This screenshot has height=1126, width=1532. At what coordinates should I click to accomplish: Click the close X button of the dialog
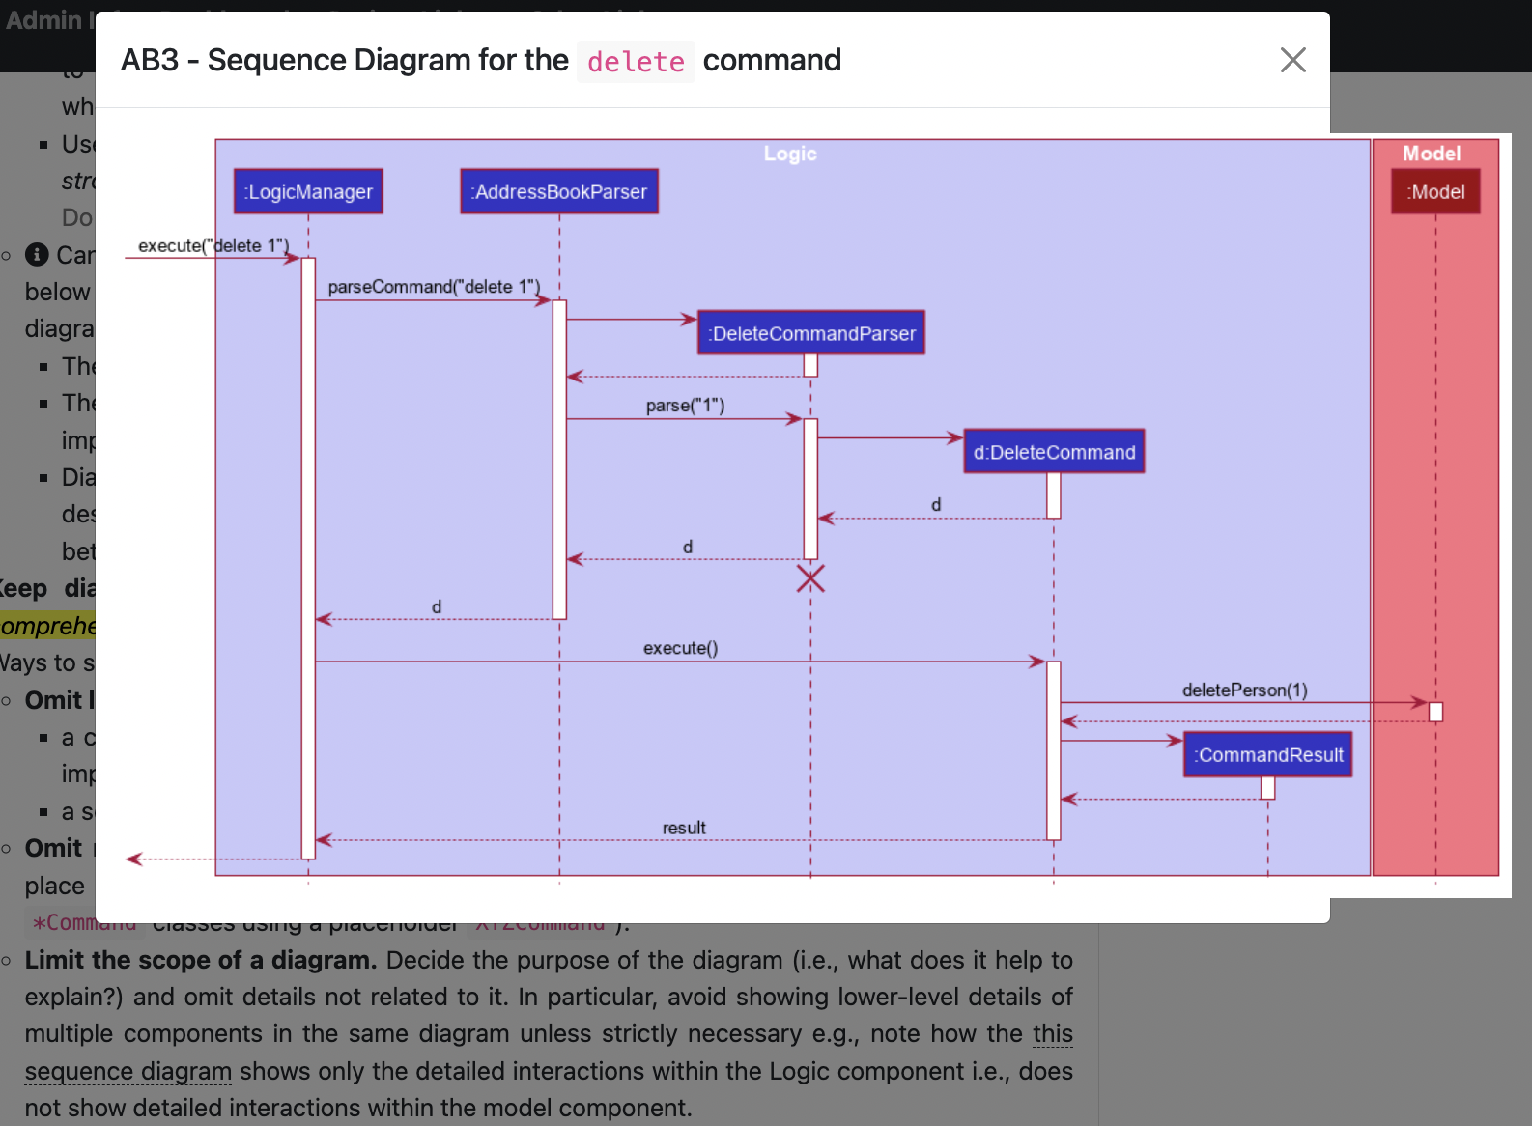pyautogui.click(x=1292, y=60)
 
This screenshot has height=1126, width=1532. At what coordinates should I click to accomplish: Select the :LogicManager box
pyautogui.click(x=308, y=191)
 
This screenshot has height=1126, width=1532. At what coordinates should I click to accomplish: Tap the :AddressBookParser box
pyautogui.click(x=559, y=191)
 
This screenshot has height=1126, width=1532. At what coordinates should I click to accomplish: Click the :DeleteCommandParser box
pyautogui.click(x=811, y=333)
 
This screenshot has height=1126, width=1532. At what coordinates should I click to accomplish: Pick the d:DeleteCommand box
pyautogui.click(x=1054, y=452)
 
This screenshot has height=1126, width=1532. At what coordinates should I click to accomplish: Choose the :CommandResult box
pyautogui.click(x=1268, y=755)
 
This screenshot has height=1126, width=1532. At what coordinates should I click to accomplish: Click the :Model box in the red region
pyautogui.click(x=1435, y=191)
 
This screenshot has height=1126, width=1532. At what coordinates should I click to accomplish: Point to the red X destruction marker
pyautogui.click(x=810, y=578)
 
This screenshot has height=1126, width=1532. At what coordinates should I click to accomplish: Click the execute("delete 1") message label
pyautogui.click(x=213, y=245)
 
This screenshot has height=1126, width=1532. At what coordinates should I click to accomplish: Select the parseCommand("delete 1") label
pyautogui.click(x=434, y=287)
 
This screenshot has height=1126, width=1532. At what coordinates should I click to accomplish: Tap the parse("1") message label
pyautogui.click(x=685, y=406)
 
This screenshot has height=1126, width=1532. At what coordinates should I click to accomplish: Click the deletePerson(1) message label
pyautogui.click(x=1244, y=690)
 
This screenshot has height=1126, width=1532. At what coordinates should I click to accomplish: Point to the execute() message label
pyautogui.click(x=680, y=648)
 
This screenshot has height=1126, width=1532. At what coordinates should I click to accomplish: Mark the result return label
pyautogui.click(x=684, y=828)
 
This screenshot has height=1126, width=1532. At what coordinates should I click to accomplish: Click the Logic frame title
pyautogui.click(x=790, y=154)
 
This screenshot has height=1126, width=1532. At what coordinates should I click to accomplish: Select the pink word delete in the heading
pyautogui.click(x=636, y=62)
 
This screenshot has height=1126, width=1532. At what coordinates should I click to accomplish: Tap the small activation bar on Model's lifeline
pyautogui.click(x=1435, y=712)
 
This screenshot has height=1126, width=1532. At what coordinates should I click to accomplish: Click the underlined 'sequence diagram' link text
pyautogui.click(x=128, y=1071)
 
